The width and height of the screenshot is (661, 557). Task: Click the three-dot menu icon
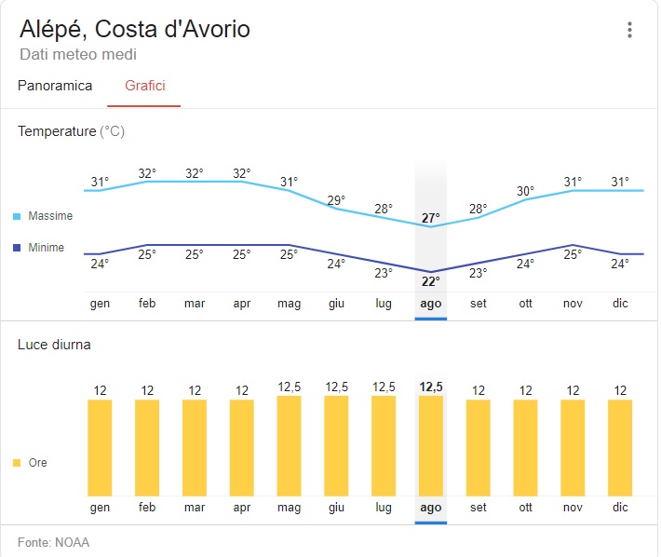click(629, 30)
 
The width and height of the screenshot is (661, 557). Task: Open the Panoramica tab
click(55, 86)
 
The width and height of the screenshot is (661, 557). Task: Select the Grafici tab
click(144, 86)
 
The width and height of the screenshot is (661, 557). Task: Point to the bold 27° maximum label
click(430, 218)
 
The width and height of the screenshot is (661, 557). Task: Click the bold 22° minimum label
click(430, 281)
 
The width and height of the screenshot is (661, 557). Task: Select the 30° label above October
click(526, 192)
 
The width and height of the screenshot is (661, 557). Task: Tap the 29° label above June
click(336, 200)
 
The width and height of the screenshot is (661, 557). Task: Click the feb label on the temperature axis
click(147, 304)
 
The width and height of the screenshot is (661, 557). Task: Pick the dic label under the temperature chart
click(620, 304)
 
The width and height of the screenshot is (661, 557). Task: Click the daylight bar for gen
click(100, 447)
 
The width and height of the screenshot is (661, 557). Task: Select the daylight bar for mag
click(289, 445)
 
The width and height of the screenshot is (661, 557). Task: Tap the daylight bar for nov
click(573, 447)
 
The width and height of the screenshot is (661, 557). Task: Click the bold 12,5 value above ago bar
click(430, 387)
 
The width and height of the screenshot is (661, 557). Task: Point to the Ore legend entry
click(37, 463)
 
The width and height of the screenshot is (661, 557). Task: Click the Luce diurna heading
click(54, 345)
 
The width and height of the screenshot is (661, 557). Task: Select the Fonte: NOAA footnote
click(53, 542)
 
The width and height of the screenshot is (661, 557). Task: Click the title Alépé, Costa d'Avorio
click(135, 29)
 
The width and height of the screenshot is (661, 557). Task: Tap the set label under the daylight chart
click(478, 508)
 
